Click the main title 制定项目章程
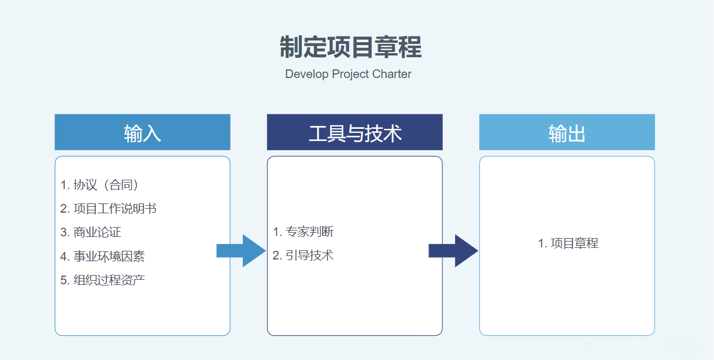click(350, 47)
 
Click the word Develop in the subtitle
click(307, 75)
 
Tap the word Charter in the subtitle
click(392, 75)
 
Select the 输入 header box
click(142, 132)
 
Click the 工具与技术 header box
click(354, 132)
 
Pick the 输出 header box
click(567, 132)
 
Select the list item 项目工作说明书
click(115, 209)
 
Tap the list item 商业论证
click(97, 232)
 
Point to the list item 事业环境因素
click(109, 257)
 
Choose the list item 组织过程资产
click(109, 280)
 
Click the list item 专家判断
click(310, 232)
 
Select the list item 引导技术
click(310, 255)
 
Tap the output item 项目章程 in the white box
click(575, 243)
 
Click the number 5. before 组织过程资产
click(65, 280)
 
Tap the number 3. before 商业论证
click(65, 233)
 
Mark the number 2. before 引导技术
click(277, 255)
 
